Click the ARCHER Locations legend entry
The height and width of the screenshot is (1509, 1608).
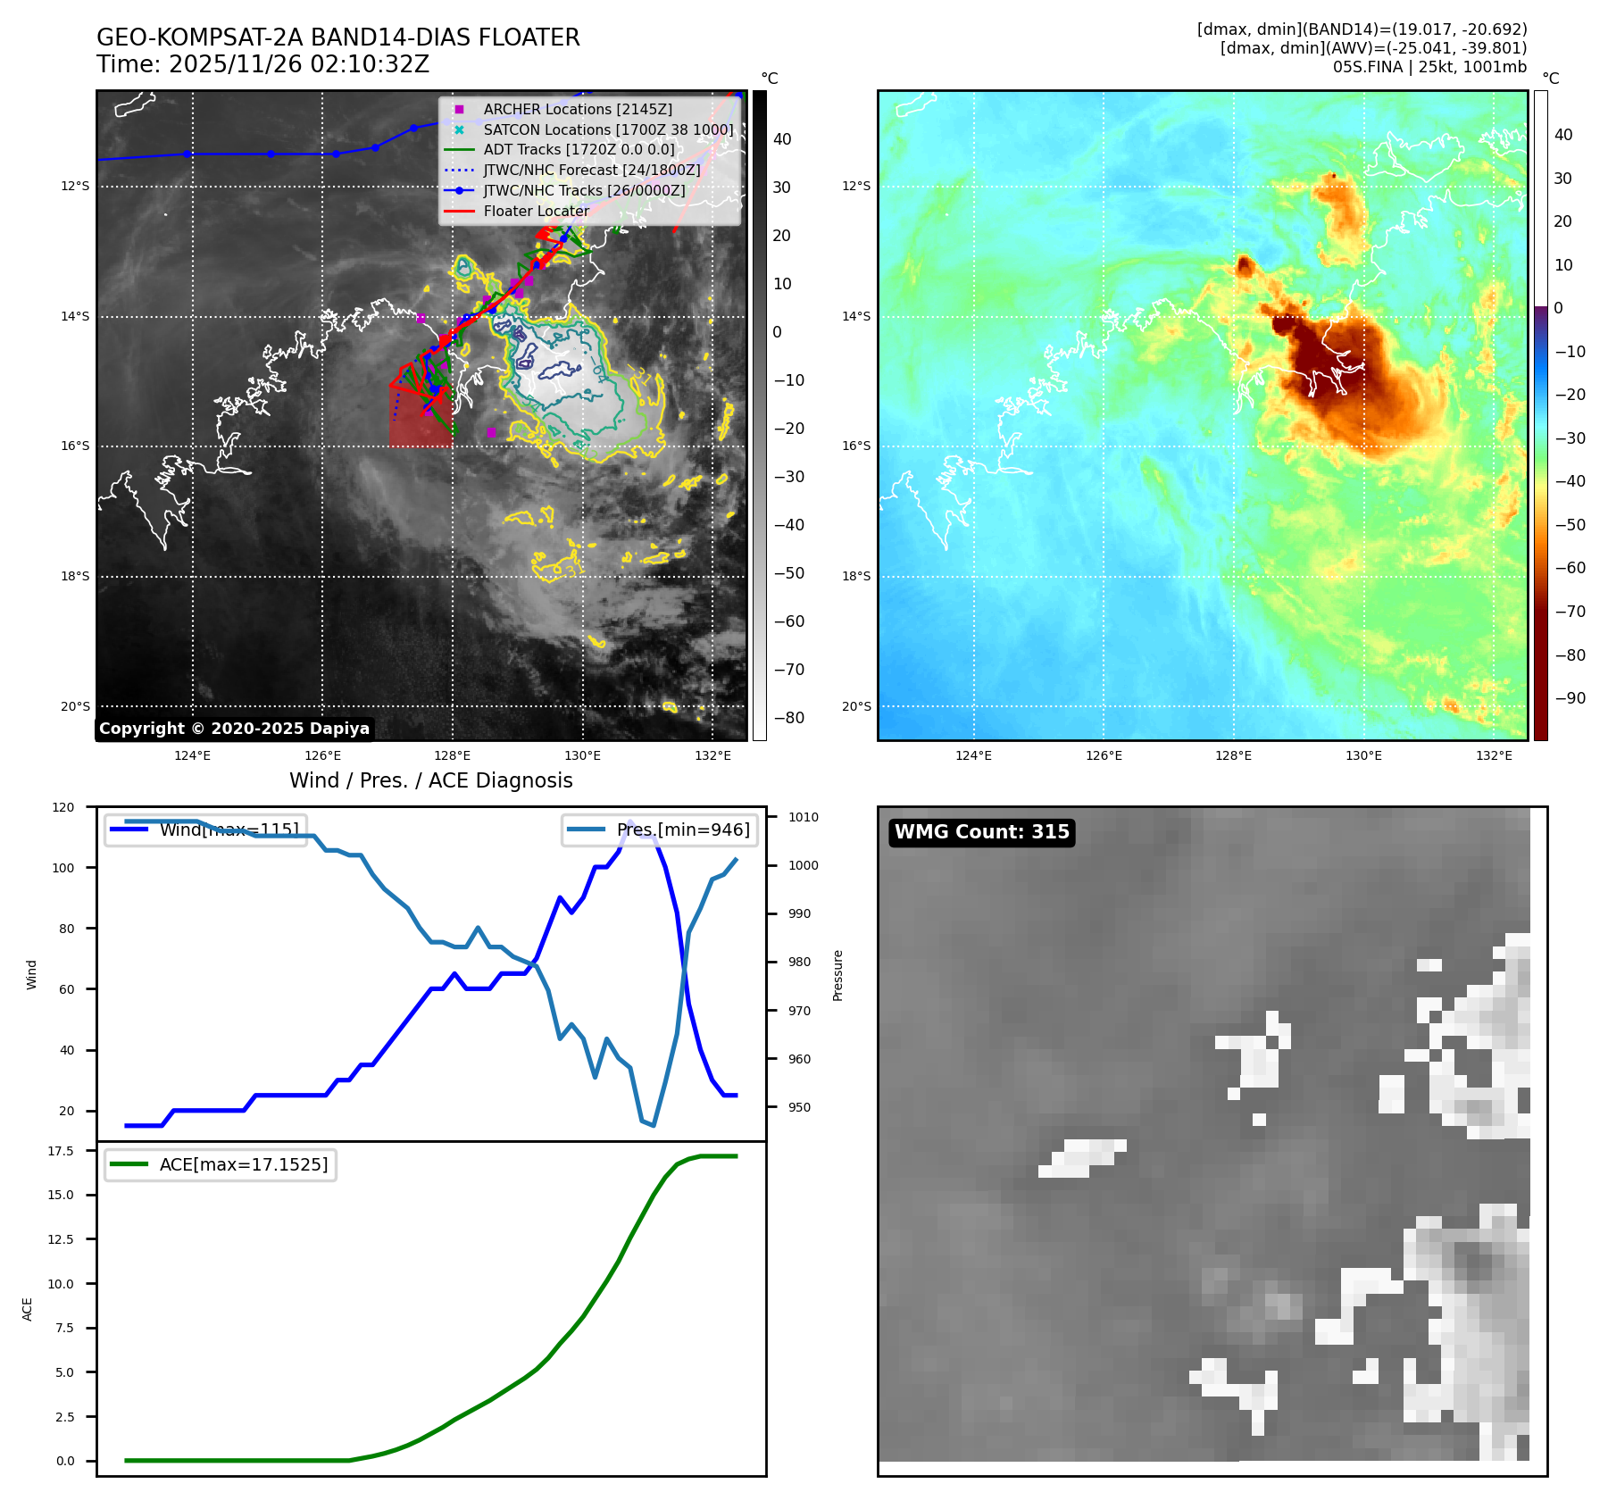click(x=578, y=109)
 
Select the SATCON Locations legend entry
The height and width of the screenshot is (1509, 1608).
click(x=608, y=129)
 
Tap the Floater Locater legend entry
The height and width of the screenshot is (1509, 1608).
click(x=536, y=211)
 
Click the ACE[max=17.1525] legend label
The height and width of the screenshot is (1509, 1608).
click(x=243, y=1164)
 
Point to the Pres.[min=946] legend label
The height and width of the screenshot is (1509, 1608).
click(x=683, y=830)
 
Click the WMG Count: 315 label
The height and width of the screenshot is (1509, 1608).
click(x=981, y=832)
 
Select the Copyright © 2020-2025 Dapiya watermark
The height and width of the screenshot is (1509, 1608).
click(x=234, y=729)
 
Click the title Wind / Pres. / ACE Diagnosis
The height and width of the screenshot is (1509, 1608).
click(x=430, y=780)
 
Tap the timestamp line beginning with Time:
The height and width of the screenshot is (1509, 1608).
click(x=262, y=64)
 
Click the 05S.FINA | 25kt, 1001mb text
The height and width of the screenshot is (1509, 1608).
click(x=1429, y=67)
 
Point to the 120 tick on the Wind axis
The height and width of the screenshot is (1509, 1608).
click(x=63, y=807)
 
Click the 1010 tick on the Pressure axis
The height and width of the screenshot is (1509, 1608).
click(x=803, y=817)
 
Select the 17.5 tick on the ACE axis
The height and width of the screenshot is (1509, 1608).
click(x=61, y=1151)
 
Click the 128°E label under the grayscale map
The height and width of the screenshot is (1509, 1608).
click(x=453, y=755)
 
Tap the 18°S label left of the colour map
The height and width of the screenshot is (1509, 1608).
click(x=856, y=576)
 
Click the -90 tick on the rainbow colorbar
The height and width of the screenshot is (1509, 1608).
click(x=1570, y=698)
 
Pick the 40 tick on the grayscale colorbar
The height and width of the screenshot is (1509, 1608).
click(x=782, y=139)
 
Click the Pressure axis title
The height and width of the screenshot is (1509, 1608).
click(x=837, y=975)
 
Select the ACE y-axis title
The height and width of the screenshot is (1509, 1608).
click(x=28, y=1309)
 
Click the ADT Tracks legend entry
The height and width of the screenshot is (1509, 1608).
click(x=579, y=150)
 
